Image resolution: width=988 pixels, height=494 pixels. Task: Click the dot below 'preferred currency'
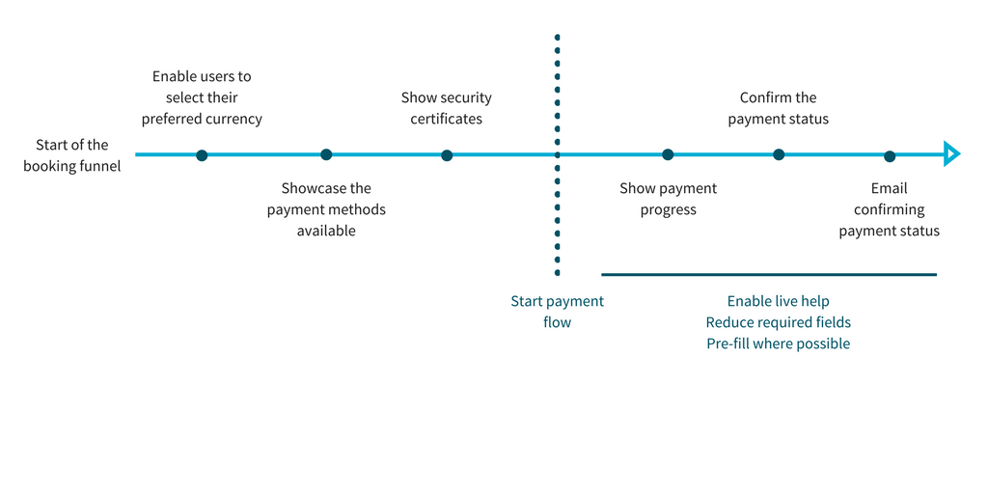202,155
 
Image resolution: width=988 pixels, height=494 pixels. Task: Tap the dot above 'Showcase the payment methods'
326,154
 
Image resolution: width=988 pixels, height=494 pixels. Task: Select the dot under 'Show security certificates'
447,155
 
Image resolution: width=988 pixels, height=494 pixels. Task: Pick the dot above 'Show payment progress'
668,154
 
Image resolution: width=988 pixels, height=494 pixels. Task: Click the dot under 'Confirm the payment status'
779,154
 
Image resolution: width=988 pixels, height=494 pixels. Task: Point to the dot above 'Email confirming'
889,156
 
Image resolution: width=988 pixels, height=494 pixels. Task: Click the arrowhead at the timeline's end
951,153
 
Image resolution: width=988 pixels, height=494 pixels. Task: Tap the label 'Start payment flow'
557,312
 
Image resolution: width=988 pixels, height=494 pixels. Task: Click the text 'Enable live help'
779,301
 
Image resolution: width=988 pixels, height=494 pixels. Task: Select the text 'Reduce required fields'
779,322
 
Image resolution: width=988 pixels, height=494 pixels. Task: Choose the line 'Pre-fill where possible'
779,344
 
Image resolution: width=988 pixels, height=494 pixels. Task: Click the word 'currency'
234,120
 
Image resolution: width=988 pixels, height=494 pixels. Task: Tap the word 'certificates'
446,119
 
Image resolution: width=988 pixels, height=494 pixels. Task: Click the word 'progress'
669,209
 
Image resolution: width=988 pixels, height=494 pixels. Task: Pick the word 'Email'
889,188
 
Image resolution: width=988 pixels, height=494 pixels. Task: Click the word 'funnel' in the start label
99,167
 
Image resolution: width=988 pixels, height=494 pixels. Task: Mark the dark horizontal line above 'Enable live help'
769,275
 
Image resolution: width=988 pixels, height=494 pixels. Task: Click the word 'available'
326,232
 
